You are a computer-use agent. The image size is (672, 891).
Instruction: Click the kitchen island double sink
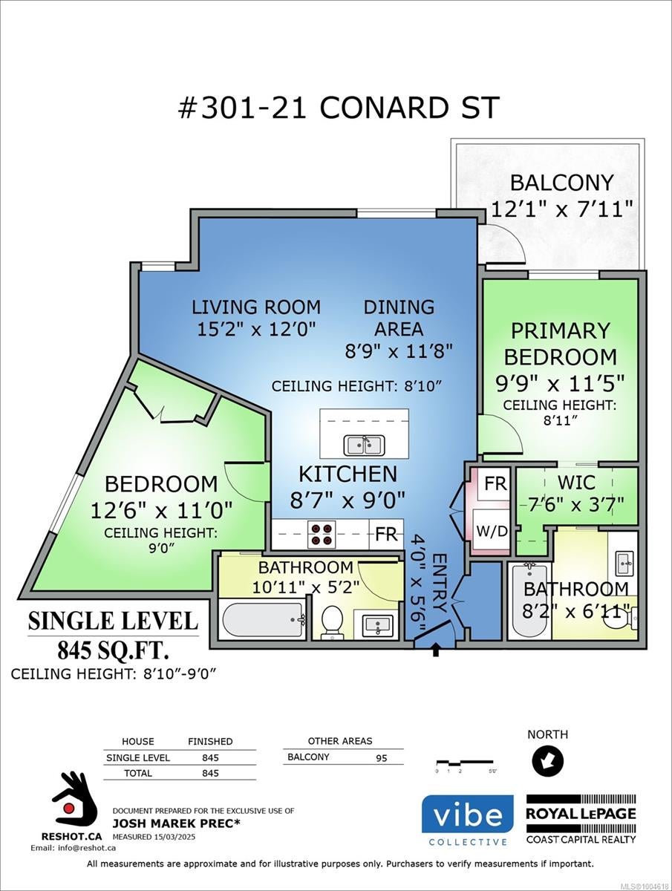364,446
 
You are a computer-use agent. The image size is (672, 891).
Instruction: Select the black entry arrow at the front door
436,650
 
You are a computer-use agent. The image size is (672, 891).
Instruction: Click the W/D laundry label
492,531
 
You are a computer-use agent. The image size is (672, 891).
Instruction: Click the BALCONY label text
561,183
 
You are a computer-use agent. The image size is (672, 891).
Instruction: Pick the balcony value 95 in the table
381,758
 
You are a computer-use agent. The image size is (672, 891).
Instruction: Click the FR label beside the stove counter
385,534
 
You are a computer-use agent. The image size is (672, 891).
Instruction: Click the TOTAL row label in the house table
138,773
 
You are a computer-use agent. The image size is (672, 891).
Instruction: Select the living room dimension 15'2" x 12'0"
256,330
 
